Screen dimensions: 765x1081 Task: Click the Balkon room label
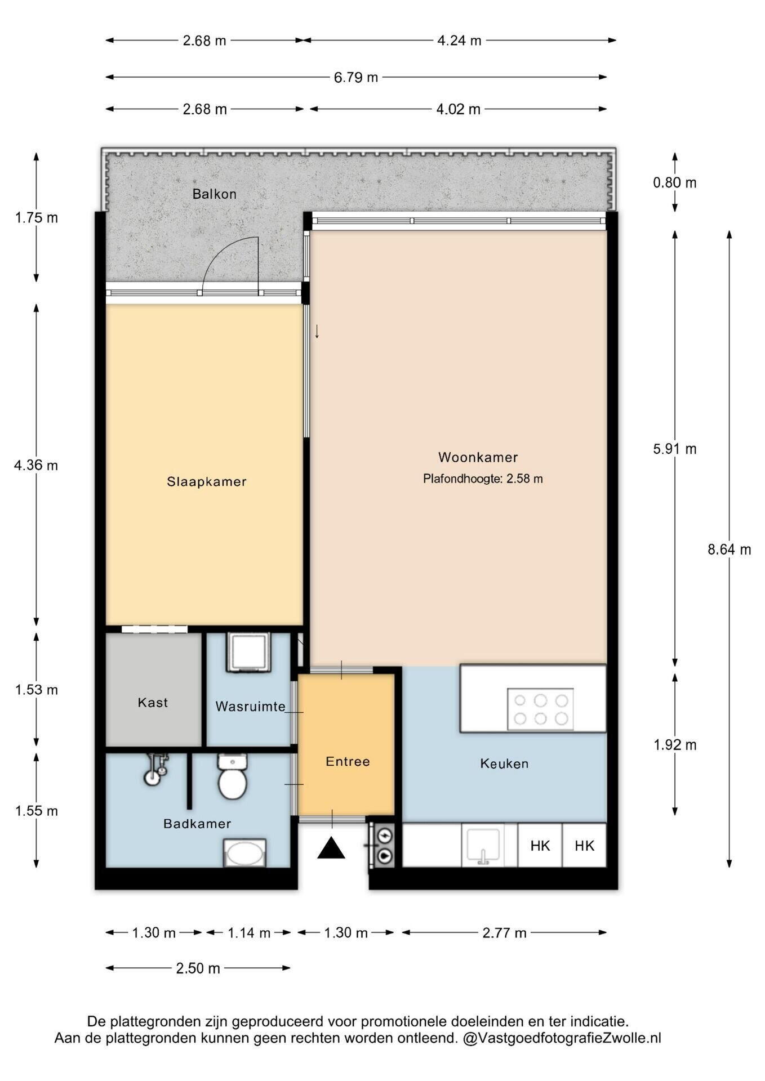214,194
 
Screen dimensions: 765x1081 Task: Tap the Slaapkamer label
207,481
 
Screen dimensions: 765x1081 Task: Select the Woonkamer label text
478,457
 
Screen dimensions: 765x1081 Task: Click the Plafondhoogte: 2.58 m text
483,479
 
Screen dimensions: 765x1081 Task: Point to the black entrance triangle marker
331,848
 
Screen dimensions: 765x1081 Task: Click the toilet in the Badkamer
232,777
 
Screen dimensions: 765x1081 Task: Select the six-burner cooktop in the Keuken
540,709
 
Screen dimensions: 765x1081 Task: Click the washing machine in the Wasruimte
248,652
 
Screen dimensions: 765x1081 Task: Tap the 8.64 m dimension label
729,550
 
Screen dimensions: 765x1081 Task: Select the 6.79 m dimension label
355,77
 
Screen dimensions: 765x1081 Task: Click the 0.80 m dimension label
674,182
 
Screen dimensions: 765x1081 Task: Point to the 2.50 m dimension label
198,968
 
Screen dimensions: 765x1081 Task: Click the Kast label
153,703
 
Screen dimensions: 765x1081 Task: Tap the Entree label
348,762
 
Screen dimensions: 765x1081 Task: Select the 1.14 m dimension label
248,933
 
